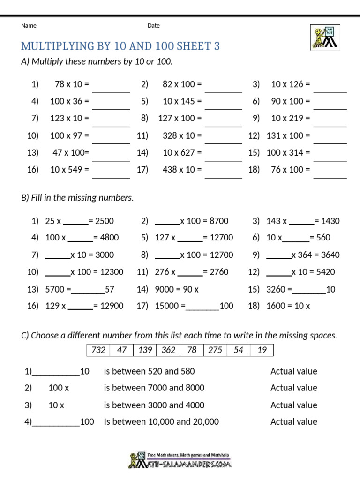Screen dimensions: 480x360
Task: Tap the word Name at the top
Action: point(29,26)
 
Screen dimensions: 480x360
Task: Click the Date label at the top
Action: point(154,26)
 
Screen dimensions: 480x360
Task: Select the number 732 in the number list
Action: point(98,350)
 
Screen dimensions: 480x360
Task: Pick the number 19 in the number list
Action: point(262,350)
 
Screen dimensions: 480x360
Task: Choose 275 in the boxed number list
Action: point(215,350)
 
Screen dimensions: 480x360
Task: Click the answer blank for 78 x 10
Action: point(111,89)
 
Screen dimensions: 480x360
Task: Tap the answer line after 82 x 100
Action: point(224,89)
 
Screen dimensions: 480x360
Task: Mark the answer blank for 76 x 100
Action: point(330,174)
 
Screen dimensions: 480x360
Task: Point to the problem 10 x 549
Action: point(69,170)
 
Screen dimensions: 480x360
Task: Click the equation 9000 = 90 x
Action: point(177,290)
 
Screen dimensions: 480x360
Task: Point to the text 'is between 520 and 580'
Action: point(150,371)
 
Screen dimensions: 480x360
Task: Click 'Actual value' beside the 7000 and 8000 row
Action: point(294,388)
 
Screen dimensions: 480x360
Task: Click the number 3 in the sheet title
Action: point(217,46)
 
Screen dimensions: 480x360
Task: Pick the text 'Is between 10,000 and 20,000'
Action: point(161,421)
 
